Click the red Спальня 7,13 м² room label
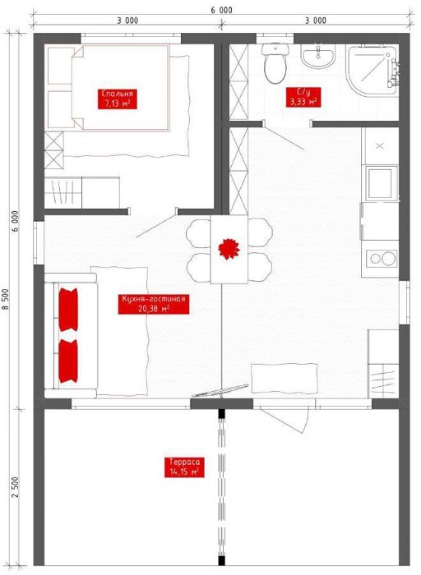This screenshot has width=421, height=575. pyautogui.click(x=118, y=99)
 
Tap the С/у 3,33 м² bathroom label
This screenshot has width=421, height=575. pyautogui.click(x=303, y=97)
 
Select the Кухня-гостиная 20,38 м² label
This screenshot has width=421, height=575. pyautogui.click(x=154, y=304)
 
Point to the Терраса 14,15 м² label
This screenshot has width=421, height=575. pyautogui.click(x=184, y=467)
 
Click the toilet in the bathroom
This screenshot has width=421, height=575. pyautogui.click(x=275, y=62)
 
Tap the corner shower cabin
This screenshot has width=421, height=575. pyautogui.click(x=372, y=71)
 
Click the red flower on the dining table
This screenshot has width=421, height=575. pyautogui.click(x=229, y=249)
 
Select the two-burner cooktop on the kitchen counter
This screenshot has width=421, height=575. pyautogui.click(x=380, y=259)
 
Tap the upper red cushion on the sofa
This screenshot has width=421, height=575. pyautogui.click(x=68, y=310)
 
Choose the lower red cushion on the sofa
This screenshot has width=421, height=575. pyautogui.click(x=68, y=361)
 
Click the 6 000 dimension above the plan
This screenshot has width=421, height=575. pyautogui.click(x=221, y=10)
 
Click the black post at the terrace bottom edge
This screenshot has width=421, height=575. pyautogui.click(x=221, y=561)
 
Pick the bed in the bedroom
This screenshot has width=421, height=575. pyautogui.click(x=120, y=87)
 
